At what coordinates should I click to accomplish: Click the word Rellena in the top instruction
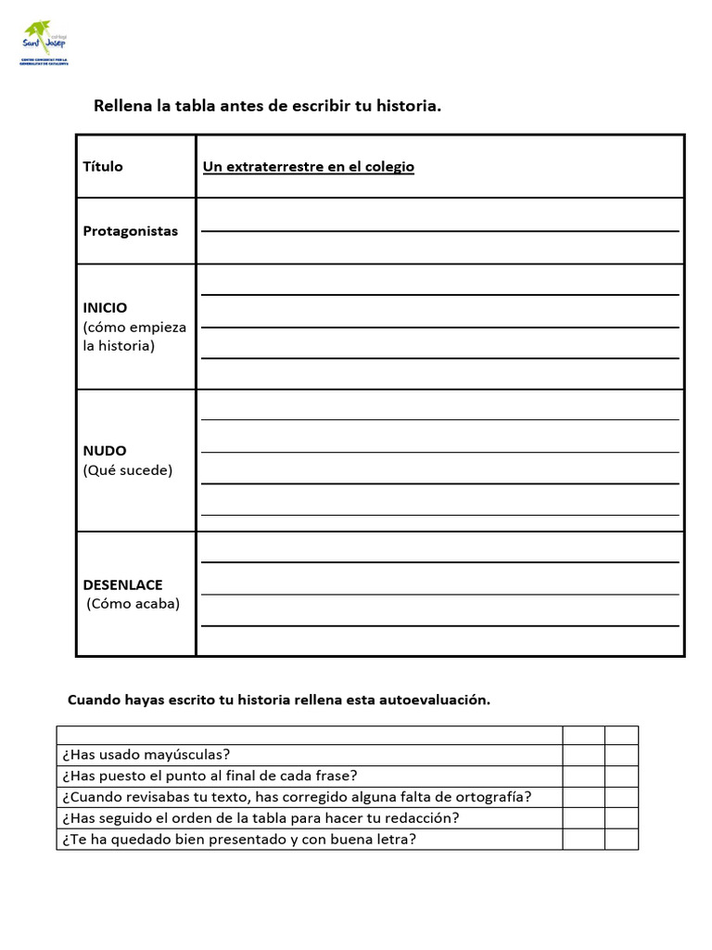[122, 106]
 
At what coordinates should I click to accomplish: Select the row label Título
[103, 167]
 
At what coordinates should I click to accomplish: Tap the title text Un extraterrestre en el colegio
[308, 167]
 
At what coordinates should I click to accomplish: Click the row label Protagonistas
[130, 231]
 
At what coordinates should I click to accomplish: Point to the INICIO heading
[105, 307]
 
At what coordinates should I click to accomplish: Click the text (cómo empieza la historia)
[133, 337]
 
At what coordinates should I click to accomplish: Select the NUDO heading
[105, 451]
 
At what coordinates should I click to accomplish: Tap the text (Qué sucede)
[127, 470]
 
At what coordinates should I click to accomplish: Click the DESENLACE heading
[122, 584]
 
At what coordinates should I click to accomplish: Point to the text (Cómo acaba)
[133, 604]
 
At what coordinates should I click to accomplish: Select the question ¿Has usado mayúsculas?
[146, 755]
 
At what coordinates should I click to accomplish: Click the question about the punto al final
[210, 776]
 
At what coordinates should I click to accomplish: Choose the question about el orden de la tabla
[261, 818]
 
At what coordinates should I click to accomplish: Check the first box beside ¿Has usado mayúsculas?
[583, 755]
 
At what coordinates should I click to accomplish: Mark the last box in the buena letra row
[621, 840]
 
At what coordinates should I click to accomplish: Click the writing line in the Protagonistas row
[439, 230]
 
